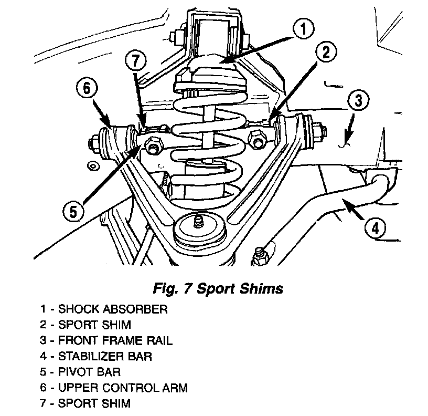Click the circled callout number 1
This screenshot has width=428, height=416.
click(x=303, y=28)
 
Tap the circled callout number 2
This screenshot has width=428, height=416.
click(x=326, y=52)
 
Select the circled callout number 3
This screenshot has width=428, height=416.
click(x=358, y=100)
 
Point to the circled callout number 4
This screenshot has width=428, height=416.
click(x=376, y=227)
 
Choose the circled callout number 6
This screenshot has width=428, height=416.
click(x=87, y=88)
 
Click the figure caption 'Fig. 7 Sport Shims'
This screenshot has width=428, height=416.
click(x=218, y=288)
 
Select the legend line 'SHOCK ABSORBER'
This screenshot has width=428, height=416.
click(x=104, y=309)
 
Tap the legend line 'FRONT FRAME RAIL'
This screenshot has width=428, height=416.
click(x=106, y=340)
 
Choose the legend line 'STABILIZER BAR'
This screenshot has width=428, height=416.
click(x=96, y=357)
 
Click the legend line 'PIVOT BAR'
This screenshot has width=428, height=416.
click(x=80, y=372)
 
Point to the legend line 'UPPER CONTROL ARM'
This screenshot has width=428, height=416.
click(x=114, y=388)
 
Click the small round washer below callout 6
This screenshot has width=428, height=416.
click(x=93, y=166)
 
